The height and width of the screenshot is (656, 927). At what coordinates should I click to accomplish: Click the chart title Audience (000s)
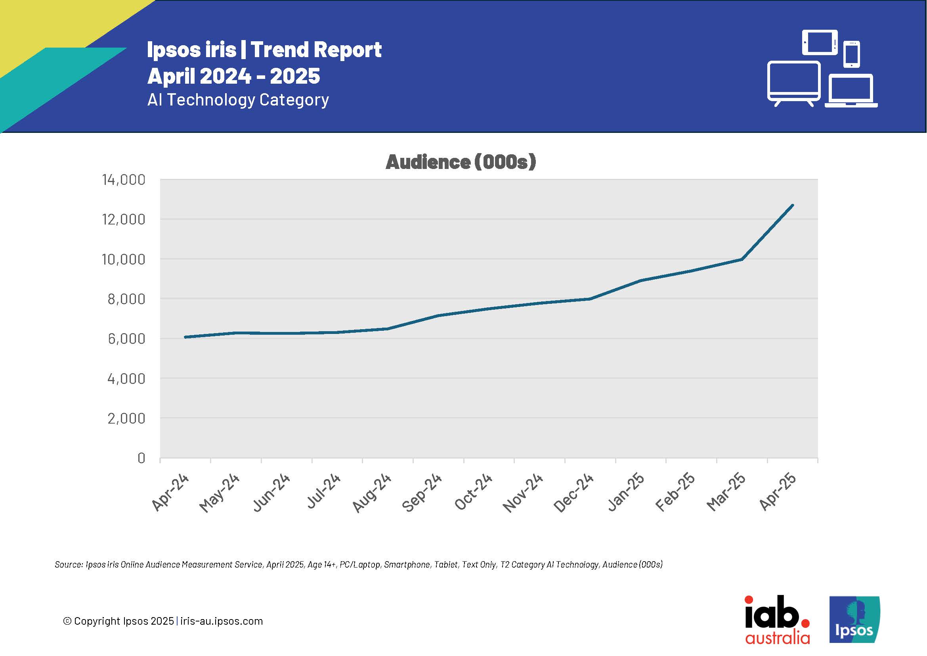pos(461,162)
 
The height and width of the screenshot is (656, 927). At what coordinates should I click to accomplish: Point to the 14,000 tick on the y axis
pos(124,180)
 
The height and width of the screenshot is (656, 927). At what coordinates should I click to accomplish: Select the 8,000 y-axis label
pos(126,299)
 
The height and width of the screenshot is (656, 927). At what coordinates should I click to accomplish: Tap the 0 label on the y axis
pos(141,458)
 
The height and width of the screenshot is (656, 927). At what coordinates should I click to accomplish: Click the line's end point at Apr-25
pos(793,205)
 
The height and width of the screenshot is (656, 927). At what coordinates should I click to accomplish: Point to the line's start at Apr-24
pos(185,337)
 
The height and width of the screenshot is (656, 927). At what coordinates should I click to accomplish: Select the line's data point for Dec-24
pos(590,299)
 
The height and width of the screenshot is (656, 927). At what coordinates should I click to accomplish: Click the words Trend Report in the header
pos(316,50)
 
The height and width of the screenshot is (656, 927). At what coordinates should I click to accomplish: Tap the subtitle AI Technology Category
pos(238,100)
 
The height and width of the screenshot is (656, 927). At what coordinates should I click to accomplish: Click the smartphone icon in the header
pos(851,54)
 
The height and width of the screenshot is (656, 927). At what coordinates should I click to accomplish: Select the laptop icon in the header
pos(851,90)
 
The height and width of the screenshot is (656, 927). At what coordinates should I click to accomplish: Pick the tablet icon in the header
pos(820,42)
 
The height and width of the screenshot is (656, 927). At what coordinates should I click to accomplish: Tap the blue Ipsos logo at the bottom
pos(854,620)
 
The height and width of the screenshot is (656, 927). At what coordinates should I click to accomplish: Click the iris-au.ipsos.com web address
pos(221,621)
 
